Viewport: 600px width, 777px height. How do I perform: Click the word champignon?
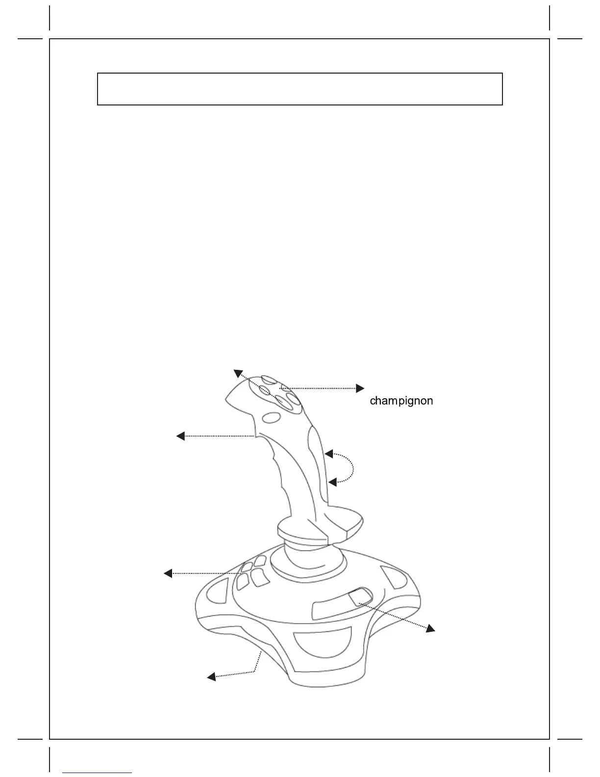401,401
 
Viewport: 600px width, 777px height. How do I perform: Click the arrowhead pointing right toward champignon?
360,388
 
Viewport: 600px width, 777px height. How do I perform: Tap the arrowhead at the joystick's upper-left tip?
237,373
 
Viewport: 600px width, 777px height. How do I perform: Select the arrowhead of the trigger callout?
180,436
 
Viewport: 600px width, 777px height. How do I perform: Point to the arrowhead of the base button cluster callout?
168,573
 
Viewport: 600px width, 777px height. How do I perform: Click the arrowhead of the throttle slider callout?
430,628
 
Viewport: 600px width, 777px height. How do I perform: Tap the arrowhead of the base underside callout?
211,677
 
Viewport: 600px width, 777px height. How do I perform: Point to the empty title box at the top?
300,89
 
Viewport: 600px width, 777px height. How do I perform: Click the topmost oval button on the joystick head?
269,380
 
